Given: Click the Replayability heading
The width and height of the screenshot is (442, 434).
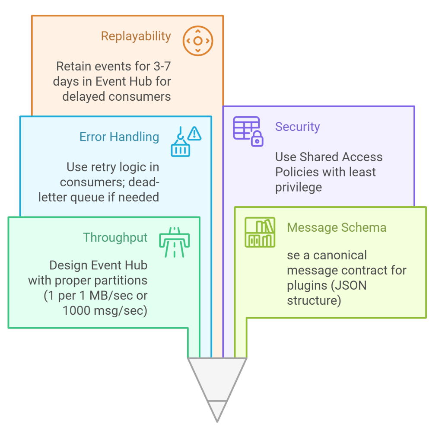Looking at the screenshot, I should tap(136, 36).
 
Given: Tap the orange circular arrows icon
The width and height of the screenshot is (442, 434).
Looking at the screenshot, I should tap(197, 41).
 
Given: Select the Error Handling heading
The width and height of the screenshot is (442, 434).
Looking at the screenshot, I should tap(119, 137).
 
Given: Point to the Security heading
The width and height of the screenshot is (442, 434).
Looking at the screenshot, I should tap(297, 127).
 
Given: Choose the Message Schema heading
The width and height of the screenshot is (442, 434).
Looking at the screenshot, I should tap(337, 227).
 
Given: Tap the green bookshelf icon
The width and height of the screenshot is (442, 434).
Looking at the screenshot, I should tap(259, 233).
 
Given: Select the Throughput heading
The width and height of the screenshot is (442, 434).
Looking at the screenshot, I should tap(115, 238).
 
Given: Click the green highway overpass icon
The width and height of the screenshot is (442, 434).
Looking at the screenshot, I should tap(175, 242).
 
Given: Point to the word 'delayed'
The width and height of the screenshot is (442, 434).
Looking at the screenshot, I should tap(84, 96).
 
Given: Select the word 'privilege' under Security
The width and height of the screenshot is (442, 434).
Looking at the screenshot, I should tap(299, 187).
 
